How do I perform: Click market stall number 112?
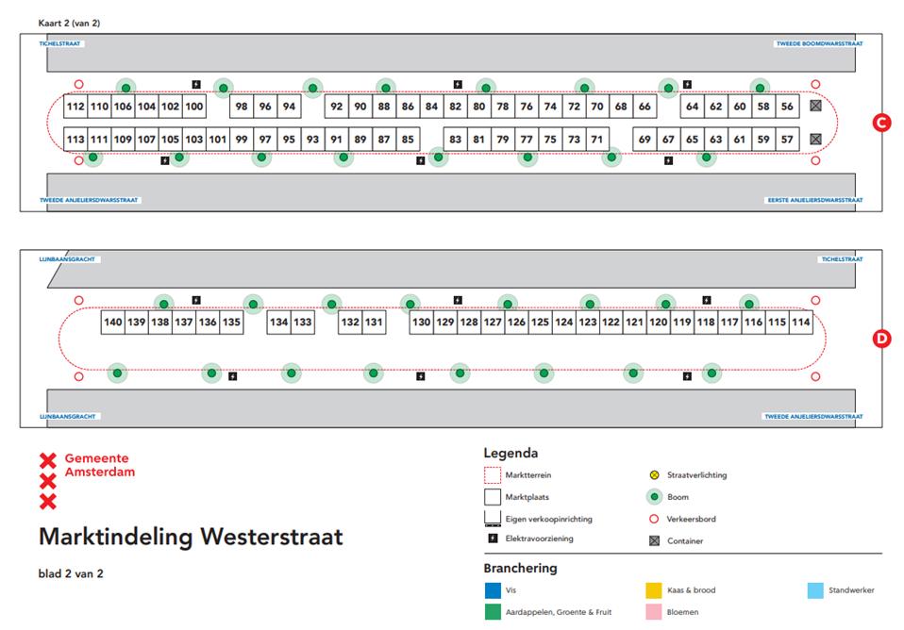75,107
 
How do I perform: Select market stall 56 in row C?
787,107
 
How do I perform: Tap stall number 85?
408,140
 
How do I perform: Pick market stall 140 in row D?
113,323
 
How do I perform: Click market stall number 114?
800,323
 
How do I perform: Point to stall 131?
375,323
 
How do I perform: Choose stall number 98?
242,107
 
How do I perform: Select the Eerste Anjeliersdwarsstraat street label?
812,200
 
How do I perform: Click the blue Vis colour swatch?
492,591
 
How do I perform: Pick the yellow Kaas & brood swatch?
653,591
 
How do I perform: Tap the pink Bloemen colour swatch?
653,613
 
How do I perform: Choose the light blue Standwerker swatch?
816,591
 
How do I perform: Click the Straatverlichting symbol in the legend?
653,475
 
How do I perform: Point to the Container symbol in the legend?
653,541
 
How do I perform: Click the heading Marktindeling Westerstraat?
191,537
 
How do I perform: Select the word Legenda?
511,453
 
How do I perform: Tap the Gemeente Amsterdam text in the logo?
99,464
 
